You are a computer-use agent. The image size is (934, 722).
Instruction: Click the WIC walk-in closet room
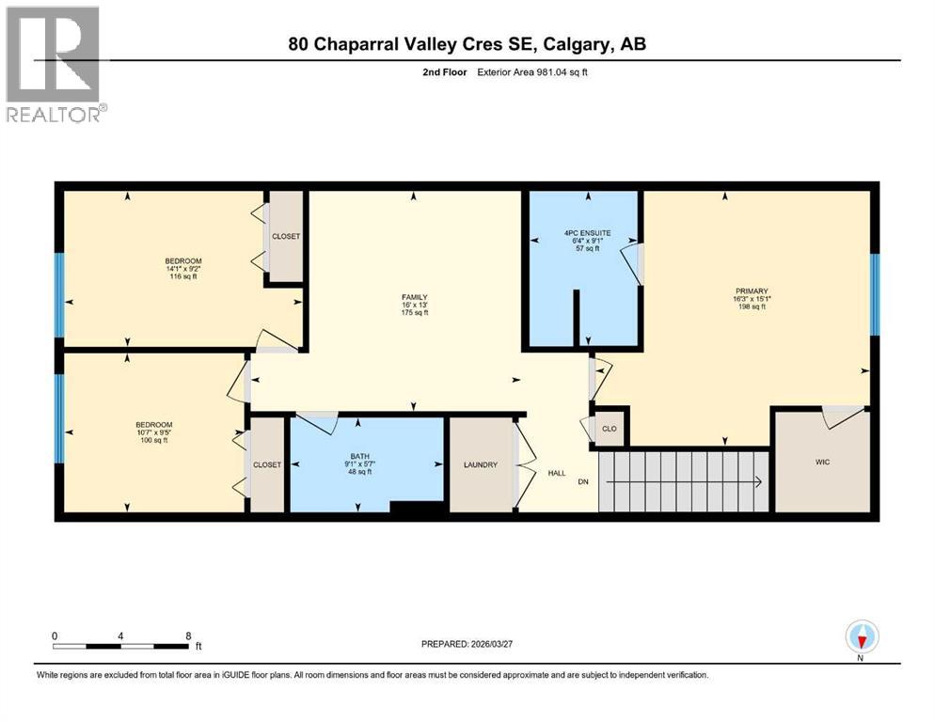pos(823,462)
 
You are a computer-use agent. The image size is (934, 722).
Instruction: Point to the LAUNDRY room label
pos(480,465)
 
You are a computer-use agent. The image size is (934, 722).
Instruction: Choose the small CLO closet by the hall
pos(609,429)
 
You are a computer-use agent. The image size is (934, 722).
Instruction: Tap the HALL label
pos(557,473)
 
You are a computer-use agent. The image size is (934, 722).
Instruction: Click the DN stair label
pos(583,482)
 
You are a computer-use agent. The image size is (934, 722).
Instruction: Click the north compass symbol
pos(860,637)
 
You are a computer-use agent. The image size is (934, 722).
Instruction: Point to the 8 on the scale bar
pos(189,636)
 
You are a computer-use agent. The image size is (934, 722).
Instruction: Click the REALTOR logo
pos(53,64)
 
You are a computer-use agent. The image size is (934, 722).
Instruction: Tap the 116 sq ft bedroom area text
pos(183,276)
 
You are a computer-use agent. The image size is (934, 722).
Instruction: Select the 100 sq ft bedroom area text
pos(154,440)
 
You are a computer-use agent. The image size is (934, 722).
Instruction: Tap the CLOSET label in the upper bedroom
pos(286,236)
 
